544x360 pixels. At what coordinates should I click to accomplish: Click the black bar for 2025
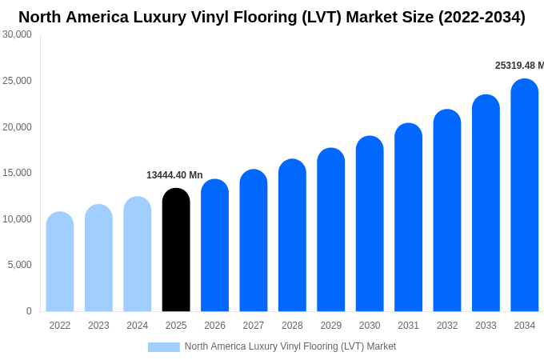[176, 250]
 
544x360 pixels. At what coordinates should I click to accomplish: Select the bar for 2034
[525, 195]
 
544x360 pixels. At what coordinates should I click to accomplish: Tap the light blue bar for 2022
[60, 262]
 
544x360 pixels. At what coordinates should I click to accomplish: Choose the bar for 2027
[254, 241]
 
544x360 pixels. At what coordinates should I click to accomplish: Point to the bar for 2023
[98, 258]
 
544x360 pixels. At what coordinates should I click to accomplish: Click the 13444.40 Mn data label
[174, 175]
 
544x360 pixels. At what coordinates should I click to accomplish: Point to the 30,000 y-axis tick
[18, 34]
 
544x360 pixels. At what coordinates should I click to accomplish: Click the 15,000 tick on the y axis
[18, 173]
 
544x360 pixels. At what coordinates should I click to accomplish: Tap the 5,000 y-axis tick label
[20, 265]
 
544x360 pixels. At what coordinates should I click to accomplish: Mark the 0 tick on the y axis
[29, 311]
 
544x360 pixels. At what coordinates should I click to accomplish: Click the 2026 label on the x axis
[214, 326]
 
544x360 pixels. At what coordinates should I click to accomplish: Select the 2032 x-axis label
[447, 326]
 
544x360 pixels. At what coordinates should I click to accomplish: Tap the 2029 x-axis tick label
[331, 326]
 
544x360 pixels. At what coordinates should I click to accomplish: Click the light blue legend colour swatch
[163, 346]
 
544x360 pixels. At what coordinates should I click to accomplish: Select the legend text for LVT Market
[290, 346]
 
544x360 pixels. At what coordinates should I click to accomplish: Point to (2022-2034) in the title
[482, 17]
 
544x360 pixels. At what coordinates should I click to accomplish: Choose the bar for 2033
[486, 203]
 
